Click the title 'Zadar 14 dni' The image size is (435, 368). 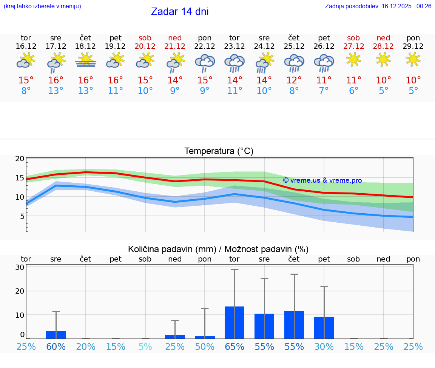pos(180,12)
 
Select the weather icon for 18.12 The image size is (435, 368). pos(86,60)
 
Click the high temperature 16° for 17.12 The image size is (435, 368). pos(56,80)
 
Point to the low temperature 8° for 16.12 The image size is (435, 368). pos(26,91)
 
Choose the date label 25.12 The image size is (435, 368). pos(294,46)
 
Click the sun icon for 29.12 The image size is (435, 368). pos(413,59)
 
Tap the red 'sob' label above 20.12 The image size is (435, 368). pos(145,38)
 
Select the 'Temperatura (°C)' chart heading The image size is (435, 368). pos(219,151)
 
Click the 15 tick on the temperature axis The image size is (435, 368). pos(20,178)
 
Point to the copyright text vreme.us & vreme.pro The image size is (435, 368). pos(322,180)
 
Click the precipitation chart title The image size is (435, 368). pos(218,249)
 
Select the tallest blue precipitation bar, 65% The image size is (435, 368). pos(234,322)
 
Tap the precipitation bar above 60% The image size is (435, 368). pos(56,335)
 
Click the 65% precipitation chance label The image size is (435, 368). pos(234,347)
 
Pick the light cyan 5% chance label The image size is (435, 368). pos(145,347)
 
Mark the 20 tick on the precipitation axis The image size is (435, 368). pos(20,291)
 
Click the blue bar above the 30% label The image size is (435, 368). pos(324,328)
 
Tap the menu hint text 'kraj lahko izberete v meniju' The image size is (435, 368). pos(42,6)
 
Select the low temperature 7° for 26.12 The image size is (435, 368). pos(324,91)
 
